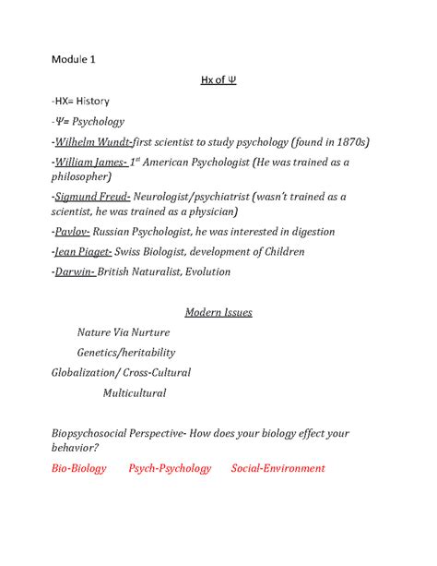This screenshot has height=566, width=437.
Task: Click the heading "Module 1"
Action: click(73, 60)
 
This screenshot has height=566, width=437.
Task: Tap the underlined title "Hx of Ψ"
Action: click(218, 80)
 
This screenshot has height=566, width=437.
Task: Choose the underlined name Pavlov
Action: click(77, 232)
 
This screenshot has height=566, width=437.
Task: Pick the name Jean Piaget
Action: click(84, 252)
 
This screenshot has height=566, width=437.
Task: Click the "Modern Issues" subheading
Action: click(218, 312)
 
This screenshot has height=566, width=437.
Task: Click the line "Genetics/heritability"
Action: click(126, 353)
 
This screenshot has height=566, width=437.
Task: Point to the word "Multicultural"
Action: click(135, 393)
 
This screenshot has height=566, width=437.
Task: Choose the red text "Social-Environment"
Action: click(278, 468)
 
